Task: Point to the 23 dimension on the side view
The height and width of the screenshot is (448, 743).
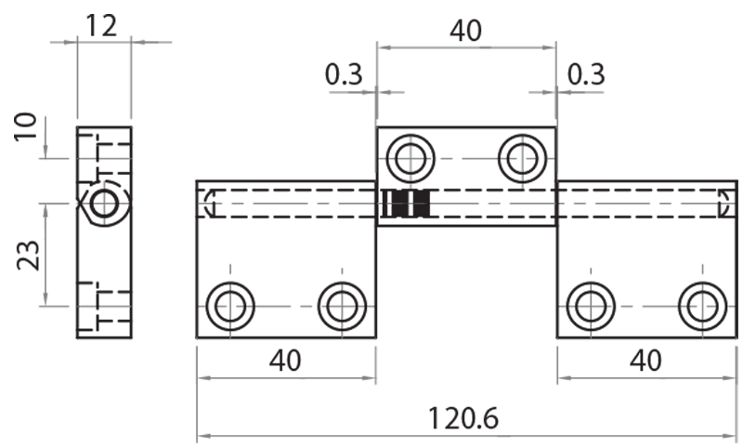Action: click(28, 252)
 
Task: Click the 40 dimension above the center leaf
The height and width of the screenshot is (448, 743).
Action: click(465, 31)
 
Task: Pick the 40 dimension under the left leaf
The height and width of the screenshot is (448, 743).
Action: click(285, 360)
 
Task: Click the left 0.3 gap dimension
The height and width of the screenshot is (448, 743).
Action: click(344, 74)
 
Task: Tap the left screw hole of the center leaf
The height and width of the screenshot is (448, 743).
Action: click(411, 159)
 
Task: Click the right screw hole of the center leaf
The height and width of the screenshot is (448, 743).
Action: click(520, 159)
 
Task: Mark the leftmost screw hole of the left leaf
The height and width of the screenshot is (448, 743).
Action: click(229, 305)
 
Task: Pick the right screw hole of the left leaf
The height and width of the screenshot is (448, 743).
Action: click(341, 305)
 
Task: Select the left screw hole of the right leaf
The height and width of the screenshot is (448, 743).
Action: click(590, 305)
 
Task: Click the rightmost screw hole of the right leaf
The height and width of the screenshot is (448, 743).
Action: click(701, 305)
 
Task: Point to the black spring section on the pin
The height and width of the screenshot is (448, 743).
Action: click(407, 204)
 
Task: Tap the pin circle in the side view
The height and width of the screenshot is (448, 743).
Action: click(104, 203)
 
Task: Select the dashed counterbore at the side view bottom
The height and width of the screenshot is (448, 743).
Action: click(104, 306)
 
